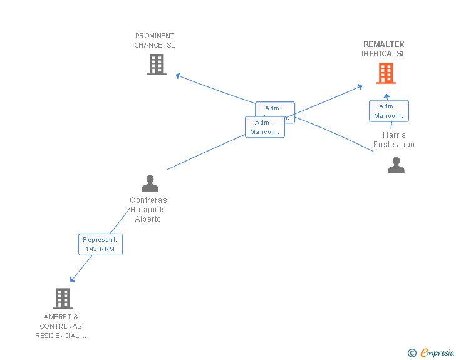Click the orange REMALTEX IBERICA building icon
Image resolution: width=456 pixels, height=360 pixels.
(x=386, y=73)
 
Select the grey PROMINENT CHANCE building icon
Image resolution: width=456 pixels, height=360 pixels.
(x=157, y=64)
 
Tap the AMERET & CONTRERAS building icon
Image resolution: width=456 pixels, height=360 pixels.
(x=63, y=298)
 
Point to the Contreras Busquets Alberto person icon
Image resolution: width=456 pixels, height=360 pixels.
(x=150, y=183)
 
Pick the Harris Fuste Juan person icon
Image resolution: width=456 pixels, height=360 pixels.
(x=396, y=165)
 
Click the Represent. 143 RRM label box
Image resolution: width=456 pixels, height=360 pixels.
(x=100, y=244)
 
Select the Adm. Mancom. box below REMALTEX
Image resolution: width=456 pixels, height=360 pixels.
(x=389, y=111)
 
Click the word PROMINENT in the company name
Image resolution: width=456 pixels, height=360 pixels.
(x=155, y=36)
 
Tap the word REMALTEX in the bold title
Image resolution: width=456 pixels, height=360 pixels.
(x=384, y=44)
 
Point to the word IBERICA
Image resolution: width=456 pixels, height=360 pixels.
(x=377, y=54)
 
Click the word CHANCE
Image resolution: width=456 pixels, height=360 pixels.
(x=148, y=45)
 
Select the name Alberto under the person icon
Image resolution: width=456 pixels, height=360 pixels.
(x=148, y=219)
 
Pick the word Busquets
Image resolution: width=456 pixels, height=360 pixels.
(x=148, y=210)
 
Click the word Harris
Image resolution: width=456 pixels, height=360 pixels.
(x=394, y=135)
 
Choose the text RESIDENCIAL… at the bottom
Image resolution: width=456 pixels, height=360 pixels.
(x=61, y=336)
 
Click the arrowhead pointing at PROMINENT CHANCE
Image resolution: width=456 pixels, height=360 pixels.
(x=178, y=75)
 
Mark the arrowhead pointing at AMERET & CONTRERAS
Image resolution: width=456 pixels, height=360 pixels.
(x=73, y=279)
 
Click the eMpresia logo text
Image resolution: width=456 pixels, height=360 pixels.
(x=437, y=353)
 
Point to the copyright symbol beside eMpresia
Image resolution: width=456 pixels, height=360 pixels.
(x=412, y=353)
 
